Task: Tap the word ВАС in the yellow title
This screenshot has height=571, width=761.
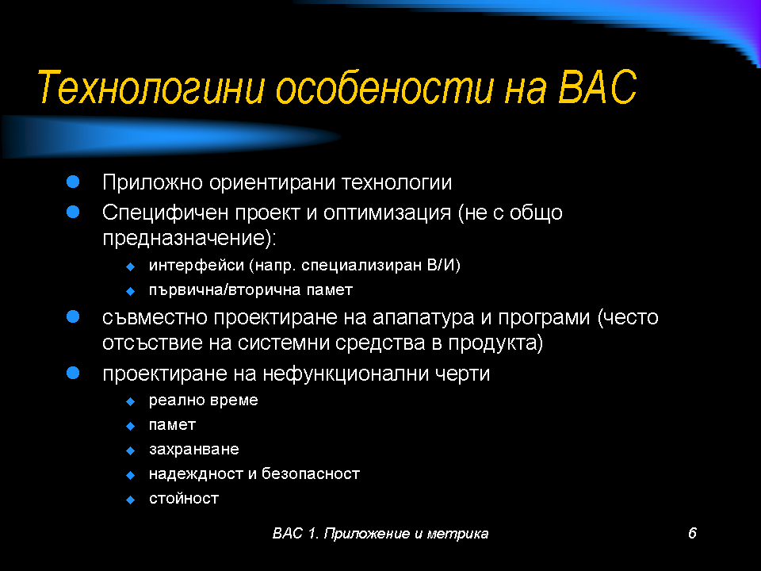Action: click(597, 87)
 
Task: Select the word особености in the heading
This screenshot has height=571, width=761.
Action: click(384, 87)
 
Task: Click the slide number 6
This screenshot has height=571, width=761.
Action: click(692, 533)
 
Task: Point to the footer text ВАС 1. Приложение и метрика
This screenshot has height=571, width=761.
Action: click(380, 534)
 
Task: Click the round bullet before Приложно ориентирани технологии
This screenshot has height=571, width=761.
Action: click(73, 182)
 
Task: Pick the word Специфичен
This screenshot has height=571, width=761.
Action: click(165, 213)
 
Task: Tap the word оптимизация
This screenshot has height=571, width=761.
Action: click(387, 213)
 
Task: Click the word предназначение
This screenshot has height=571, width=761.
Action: click(185, 238)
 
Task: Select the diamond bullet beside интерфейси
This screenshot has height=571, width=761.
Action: click(130, 266)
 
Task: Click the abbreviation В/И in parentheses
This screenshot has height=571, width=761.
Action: click(441, 265)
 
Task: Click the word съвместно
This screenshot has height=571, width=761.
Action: click(155, 317)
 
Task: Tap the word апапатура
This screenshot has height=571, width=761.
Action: click(423, 318)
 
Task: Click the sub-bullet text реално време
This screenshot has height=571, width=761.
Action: click(204, 400)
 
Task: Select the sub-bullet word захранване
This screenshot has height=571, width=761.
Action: click(193, 450)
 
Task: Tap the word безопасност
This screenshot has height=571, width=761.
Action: click(311, 473)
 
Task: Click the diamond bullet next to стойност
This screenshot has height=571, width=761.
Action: click(130, 500)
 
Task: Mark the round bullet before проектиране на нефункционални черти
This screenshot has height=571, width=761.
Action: click(73, 373)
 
